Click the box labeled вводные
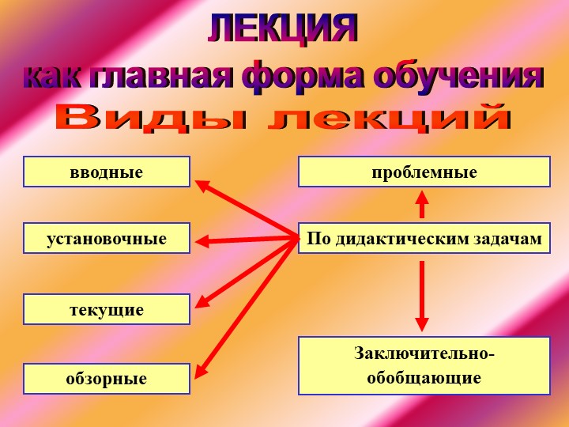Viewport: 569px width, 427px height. coord(107,172)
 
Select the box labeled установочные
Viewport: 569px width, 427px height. coord(107,238)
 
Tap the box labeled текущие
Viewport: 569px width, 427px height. coord(107,309)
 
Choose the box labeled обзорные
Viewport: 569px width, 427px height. coord(107,379)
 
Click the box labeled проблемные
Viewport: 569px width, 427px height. coord(424,172)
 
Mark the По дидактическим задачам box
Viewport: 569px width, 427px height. coord(424,238)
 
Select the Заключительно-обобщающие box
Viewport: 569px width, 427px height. coord(424,365)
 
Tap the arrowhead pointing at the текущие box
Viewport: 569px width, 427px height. coord(201,301)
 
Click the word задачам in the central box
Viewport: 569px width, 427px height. coord(513,238)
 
